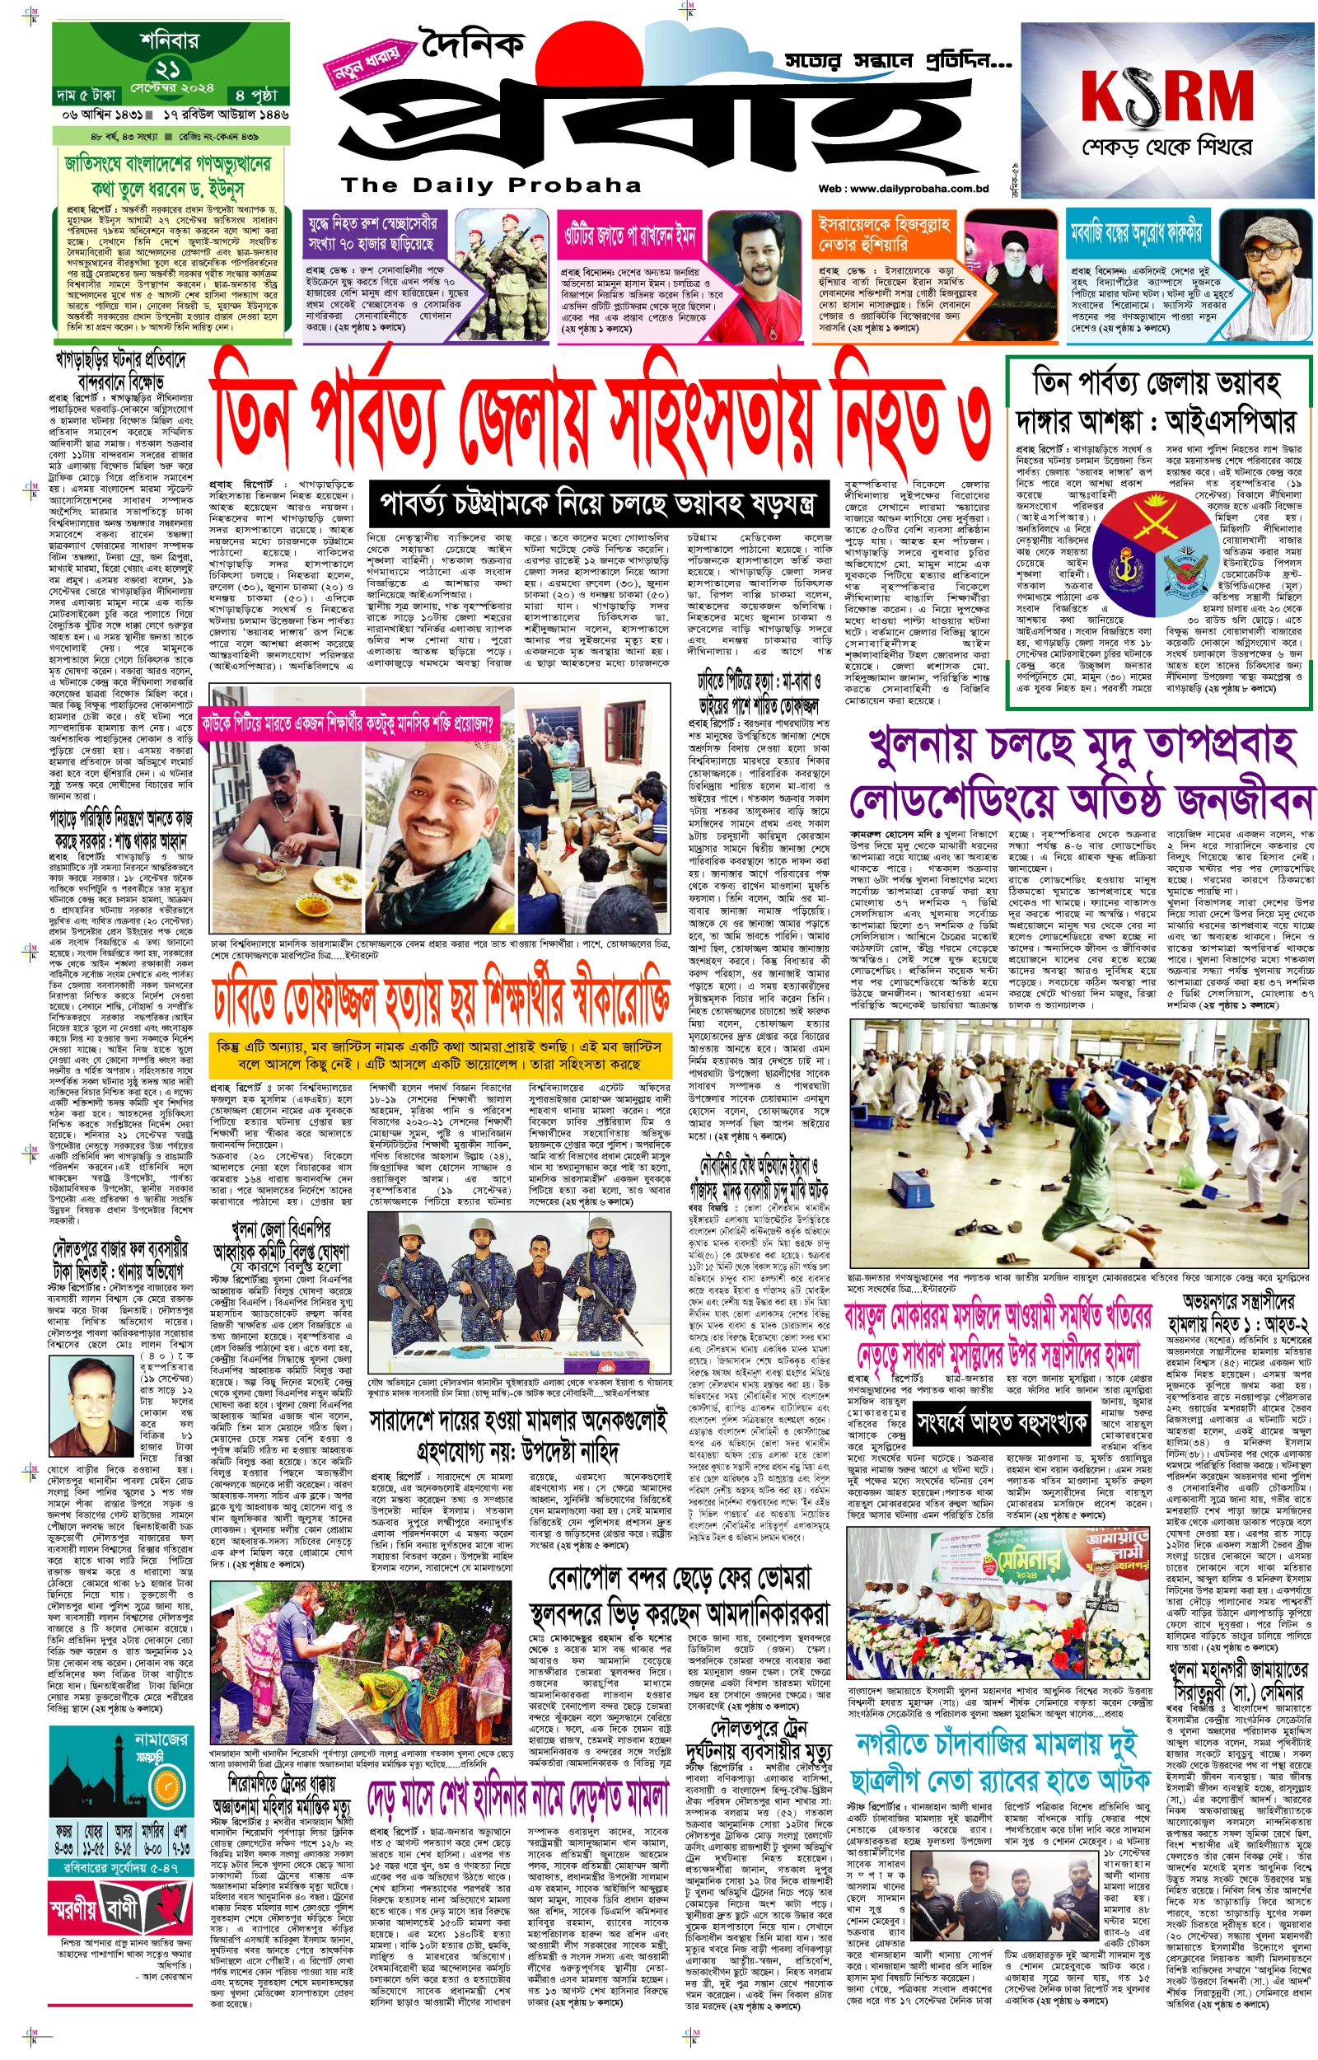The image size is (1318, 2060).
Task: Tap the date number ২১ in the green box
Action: click(168, 68)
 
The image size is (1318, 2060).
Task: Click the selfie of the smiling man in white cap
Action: click(439, 792)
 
